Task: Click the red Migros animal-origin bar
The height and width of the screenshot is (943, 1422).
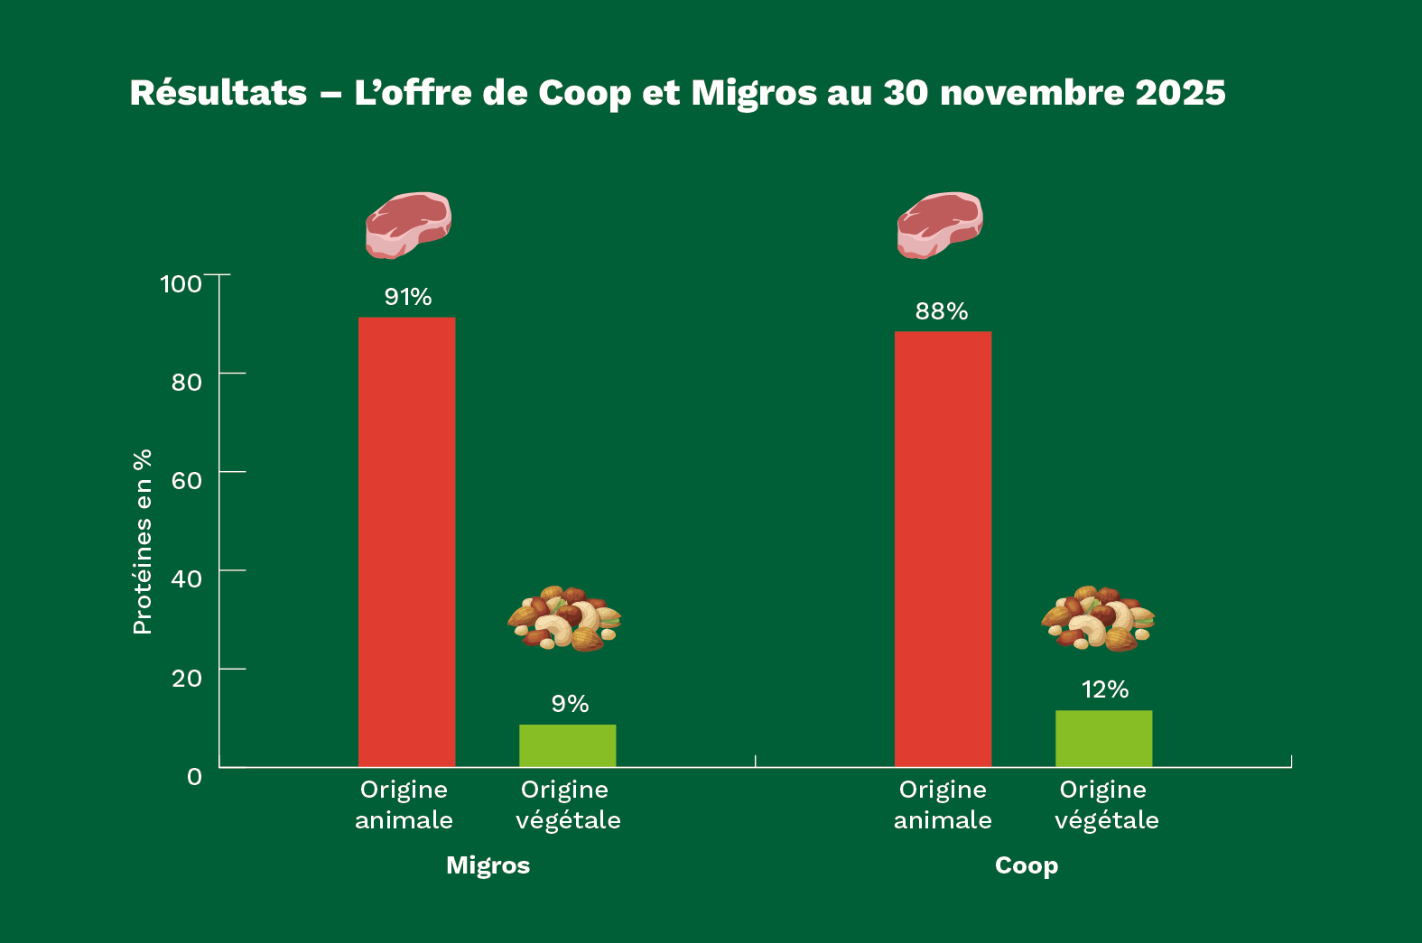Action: (x=406, y=541)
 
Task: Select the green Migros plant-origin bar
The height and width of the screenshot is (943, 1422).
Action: (x=567, y=745)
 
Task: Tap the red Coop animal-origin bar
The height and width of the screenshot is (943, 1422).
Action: (x=943, y=549)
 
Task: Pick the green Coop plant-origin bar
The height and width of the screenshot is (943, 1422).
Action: (x=1103, y=738)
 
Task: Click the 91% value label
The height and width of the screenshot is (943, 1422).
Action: (x=408, y=297)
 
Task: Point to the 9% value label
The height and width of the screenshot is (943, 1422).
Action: (x=570, y=704)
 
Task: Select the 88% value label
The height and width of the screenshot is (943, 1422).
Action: (x=941, y=311)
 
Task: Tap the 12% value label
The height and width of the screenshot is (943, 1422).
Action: (x=1105, y=690)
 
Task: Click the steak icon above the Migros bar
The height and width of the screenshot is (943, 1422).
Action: (x=408, y=225)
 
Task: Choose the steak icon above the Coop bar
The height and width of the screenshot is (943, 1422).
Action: (x=940, y=225)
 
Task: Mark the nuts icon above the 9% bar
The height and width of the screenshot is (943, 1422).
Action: (x=564, y=619)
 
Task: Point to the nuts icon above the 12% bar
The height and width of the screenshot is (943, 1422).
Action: (x=1098, y=619)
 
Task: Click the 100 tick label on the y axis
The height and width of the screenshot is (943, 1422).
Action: (x=181, y=284)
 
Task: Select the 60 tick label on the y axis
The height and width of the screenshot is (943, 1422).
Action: (x=186, y=480)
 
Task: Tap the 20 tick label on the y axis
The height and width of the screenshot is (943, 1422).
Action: (x=186, y=678)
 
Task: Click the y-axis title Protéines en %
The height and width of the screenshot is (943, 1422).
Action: (x=143, y=541)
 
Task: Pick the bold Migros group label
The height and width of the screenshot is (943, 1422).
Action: (x=488, y=865)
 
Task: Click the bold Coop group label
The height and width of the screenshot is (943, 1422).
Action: (x=1026, y=865)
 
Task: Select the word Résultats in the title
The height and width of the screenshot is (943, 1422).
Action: (x=218, y=93)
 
